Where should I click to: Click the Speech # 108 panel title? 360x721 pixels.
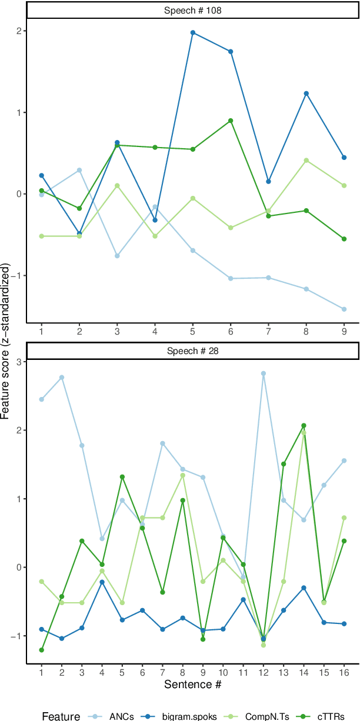pos(192,10)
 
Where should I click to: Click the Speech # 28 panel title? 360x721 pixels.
pos(192,351)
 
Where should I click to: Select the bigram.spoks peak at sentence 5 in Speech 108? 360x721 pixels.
pos(193,32)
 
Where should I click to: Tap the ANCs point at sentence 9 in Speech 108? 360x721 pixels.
pos(344,309)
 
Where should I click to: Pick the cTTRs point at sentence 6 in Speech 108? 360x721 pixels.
pos(231,121)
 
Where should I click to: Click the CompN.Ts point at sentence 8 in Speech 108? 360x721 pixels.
pos(306,160)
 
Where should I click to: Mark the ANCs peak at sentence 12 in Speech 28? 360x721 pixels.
pos(264,373)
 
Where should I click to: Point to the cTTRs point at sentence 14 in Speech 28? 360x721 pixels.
pos(304,425)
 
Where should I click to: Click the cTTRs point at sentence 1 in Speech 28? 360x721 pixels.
pos(42,650)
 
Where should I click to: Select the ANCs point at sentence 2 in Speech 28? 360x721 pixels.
pos(62,378)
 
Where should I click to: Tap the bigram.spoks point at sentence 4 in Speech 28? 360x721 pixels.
pos(102,582)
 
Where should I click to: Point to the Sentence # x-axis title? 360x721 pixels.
pos(192,684)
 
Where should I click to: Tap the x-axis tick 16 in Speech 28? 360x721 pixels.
pos(344,672)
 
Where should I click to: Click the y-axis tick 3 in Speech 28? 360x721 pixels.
pos(18,362)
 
